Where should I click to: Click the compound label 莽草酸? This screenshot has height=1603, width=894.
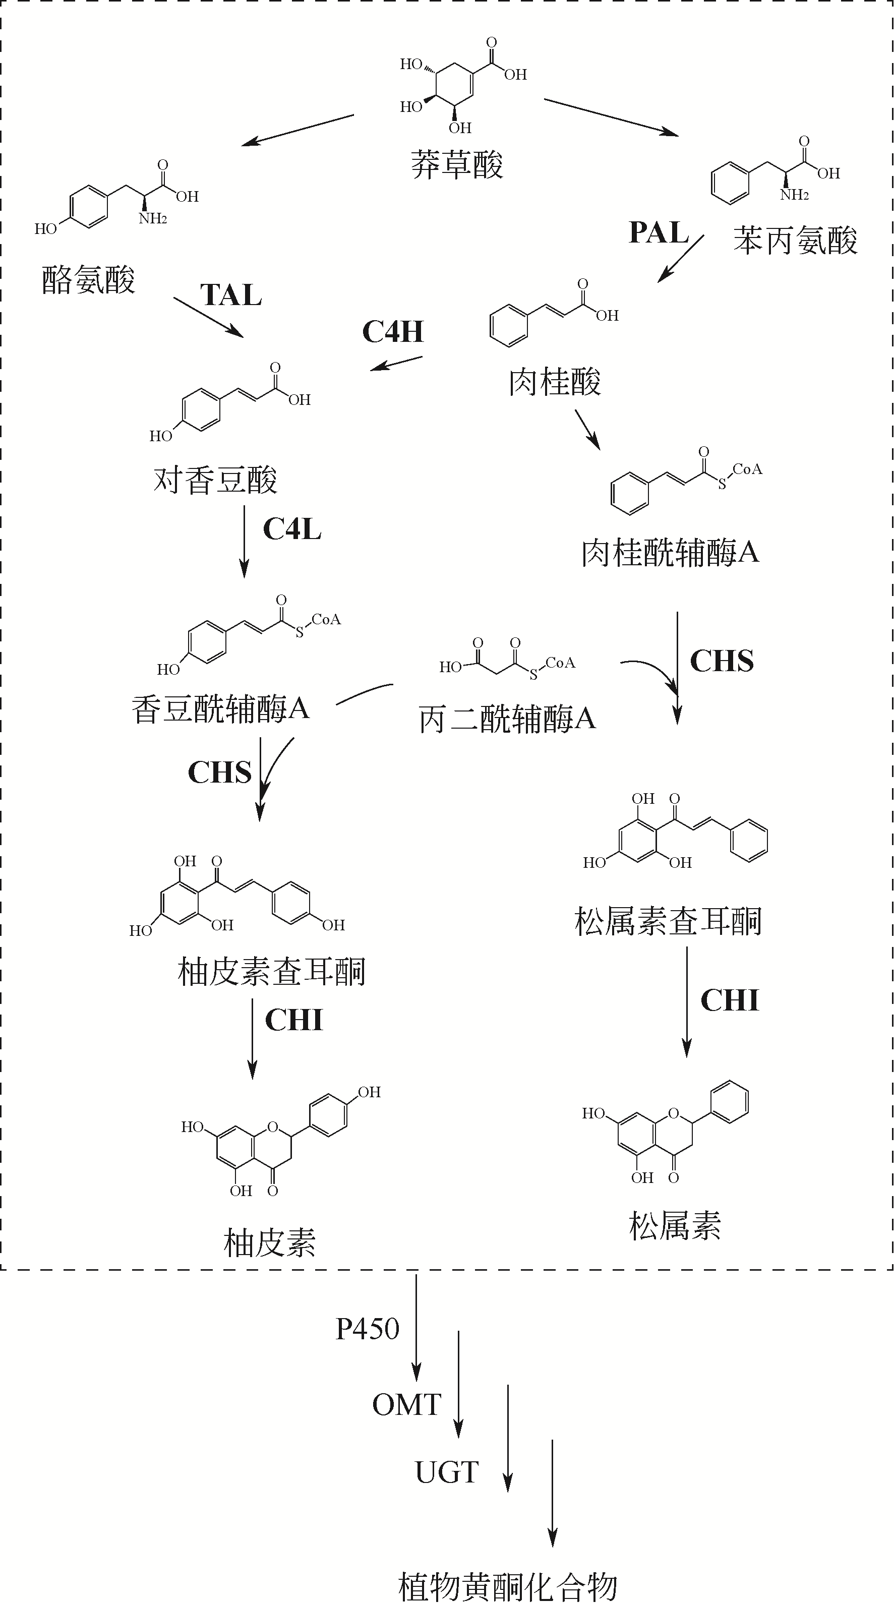pyautogui.click(x=457, y=165)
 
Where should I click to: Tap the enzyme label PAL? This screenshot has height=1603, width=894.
pyautogui.click(x=658, y=233)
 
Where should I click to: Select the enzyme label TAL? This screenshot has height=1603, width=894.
pyautogui.click(x=231, y=295)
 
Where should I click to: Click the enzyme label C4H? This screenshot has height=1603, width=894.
pyautogui.click(x=393, y=332)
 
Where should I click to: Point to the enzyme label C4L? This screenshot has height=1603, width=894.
pyautogui.click(x=292, y=529)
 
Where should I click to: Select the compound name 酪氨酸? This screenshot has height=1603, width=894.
pyautogui.click(x=88, y=279)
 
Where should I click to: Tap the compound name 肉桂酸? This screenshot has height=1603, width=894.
pyautogui.click(x=554, y=381)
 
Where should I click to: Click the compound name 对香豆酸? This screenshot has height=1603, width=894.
pyautogui.click(x=215, y=480)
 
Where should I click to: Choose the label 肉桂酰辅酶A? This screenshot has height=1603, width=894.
pyautogui.click(x=670, y=553)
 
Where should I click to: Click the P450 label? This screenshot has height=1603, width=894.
pyautogui.click(x=367, y=1329)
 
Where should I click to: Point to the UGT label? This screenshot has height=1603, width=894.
pyautogui.click(x=446, y=1472)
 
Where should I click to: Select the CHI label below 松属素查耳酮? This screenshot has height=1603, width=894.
pyautogui.click(x=729, y=1000)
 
